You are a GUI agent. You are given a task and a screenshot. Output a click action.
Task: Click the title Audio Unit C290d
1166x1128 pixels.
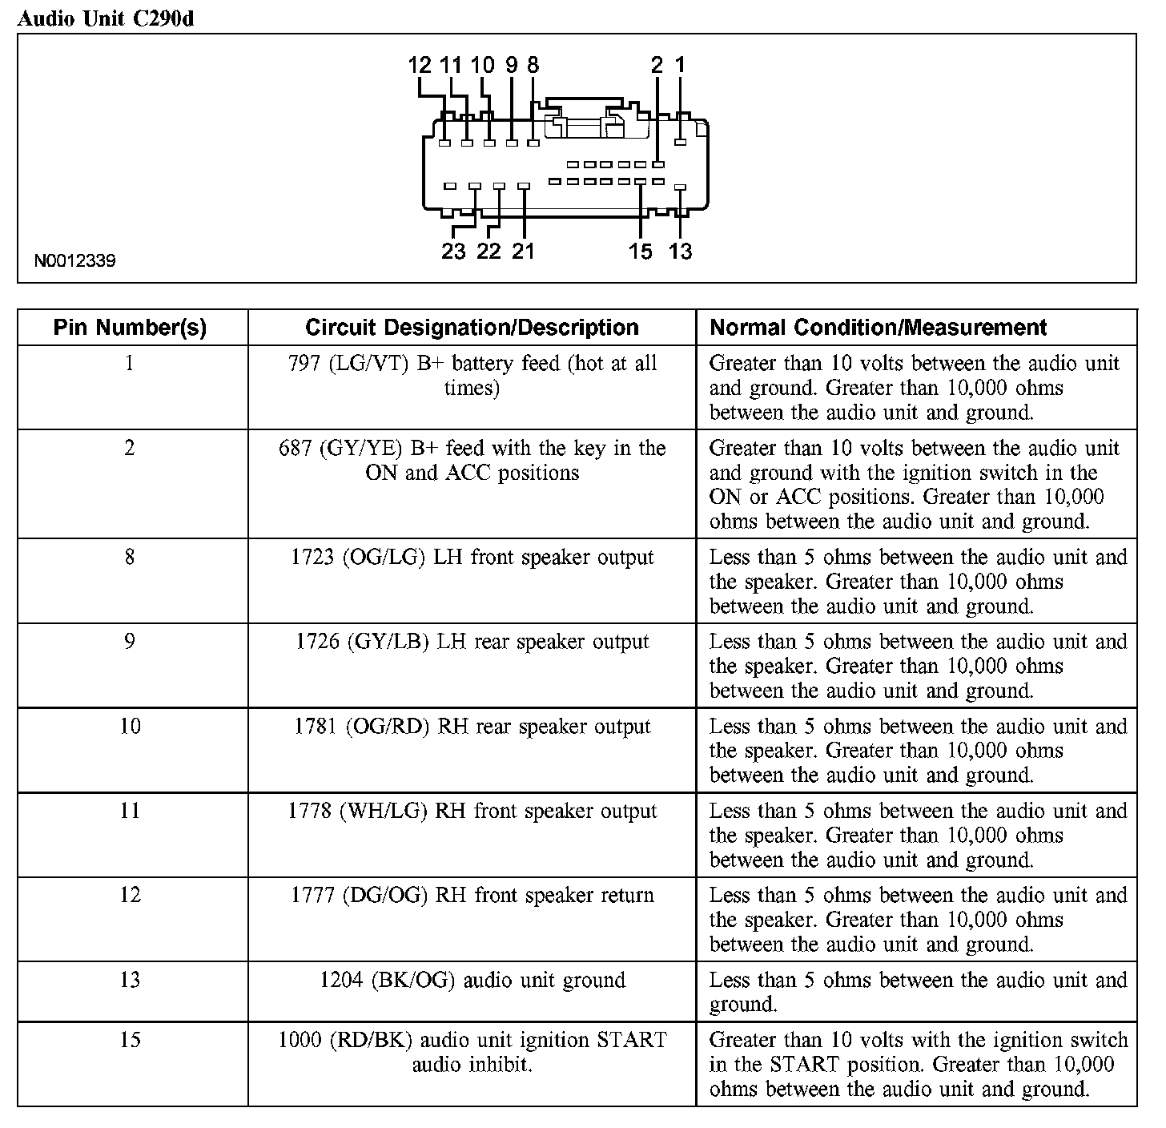pyautogui.click(x=105, y=18)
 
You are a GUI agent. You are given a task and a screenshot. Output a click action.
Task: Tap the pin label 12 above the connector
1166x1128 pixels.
pyautogui.click(x=419, y=66)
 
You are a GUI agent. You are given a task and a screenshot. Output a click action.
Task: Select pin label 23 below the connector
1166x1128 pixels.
pyautogui.click(x=453, y=252)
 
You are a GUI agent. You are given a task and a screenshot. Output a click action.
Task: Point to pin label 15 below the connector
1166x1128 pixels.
pyautogui.click(x=640, y=252)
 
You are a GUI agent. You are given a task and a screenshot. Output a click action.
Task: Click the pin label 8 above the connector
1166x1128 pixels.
pyautogui.click(x=533, y=66)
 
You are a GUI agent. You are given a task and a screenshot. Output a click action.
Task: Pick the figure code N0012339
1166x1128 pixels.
pyautogui.click(x=74, y=261)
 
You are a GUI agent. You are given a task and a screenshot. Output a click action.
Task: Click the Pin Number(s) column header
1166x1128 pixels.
pyautogui.click(x=130, y=328)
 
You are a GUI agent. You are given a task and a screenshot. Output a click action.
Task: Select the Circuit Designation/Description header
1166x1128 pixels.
pyautogui.click(x=472, y=328)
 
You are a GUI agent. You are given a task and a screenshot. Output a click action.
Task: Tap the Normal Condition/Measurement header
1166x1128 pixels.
pyautogui.click(x=879, y=328)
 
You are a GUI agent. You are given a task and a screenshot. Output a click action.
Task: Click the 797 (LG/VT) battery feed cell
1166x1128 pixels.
pyautogui.click(x=472, y=376)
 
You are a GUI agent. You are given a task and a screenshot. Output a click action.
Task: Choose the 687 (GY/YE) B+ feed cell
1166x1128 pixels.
pyautogui.click(x=472, y=461)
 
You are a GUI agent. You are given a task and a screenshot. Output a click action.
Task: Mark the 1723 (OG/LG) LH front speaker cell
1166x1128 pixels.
pyautogui.click(x=472, y=558)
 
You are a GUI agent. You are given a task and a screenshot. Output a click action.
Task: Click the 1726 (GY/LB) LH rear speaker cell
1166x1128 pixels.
pyautogui.click(x=472, y=642)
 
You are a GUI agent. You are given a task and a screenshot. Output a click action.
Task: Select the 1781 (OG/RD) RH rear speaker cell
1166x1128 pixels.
pyautogui.click(x=472, y=727)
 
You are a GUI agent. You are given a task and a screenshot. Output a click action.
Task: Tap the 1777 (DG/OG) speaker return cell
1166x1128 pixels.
pyautogui.click(x=472, y=896)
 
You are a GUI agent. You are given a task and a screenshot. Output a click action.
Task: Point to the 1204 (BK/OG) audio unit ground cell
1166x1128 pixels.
pyautogui.click(x=472, y=981)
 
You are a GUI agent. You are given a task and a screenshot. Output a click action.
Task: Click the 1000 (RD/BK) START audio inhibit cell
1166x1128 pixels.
pyautogui.click(x=472, y=1053)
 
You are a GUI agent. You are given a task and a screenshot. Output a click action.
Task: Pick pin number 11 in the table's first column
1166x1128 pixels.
pyautogui.click(x=130, y=811)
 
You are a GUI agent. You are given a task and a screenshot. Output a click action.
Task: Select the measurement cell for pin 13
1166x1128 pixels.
pyautogui.click(x=917, y=992)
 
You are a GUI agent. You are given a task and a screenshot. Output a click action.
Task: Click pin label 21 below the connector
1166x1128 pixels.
pyautogui.click(x=523, y=252)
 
